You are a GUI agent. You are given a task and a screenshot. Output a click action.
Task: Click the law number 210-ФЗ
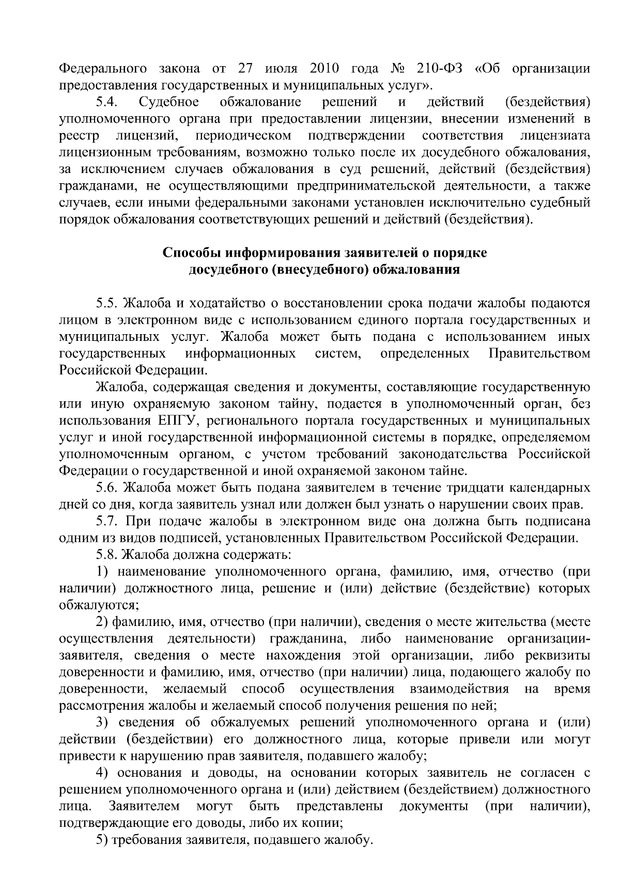439,69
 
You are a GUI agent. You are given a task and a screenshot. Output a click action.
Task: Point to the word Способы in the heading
188,253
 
